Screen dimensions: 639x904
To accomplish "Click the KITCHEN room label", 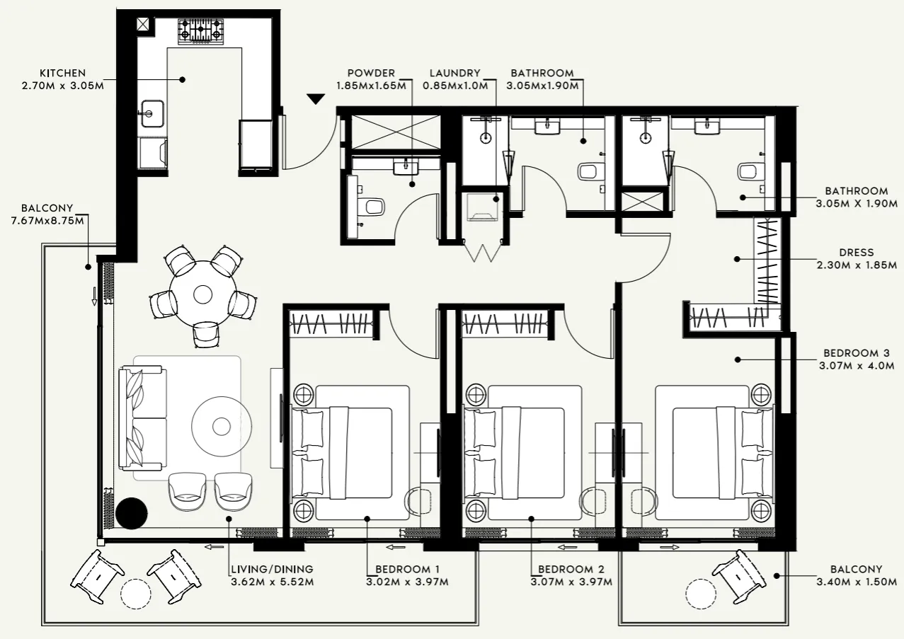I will (x=62, y=73).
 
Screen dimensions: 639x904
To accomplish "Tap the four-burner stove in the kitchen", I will (x=200, y=32).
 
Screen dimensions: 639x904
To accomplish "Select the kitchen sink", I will (x=151, y=113).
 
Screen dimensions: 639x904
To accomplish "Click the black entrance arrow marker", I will (x=316, y=99).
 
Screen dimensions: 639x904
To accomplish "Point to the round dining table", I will (x=203, y=293).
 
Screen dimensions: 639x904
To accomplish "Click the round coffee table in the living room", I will (x=222, y=426).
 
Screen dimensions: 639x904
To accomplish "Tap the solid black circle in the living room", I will (x=132, y=513).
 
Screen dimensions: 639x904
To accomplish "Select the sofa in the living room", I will (x=143, y=418).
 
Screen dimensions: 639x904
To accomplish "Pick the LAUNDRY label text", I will (x=454, y=73).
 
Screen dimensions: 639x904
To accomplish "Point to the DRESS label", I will (x=856, y=253).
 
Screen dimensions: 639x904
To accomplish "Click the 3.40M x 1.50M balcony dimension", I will (x=856, y=582).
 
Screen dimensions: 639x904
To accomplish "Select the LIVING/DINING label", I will (x=272, y=569).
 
